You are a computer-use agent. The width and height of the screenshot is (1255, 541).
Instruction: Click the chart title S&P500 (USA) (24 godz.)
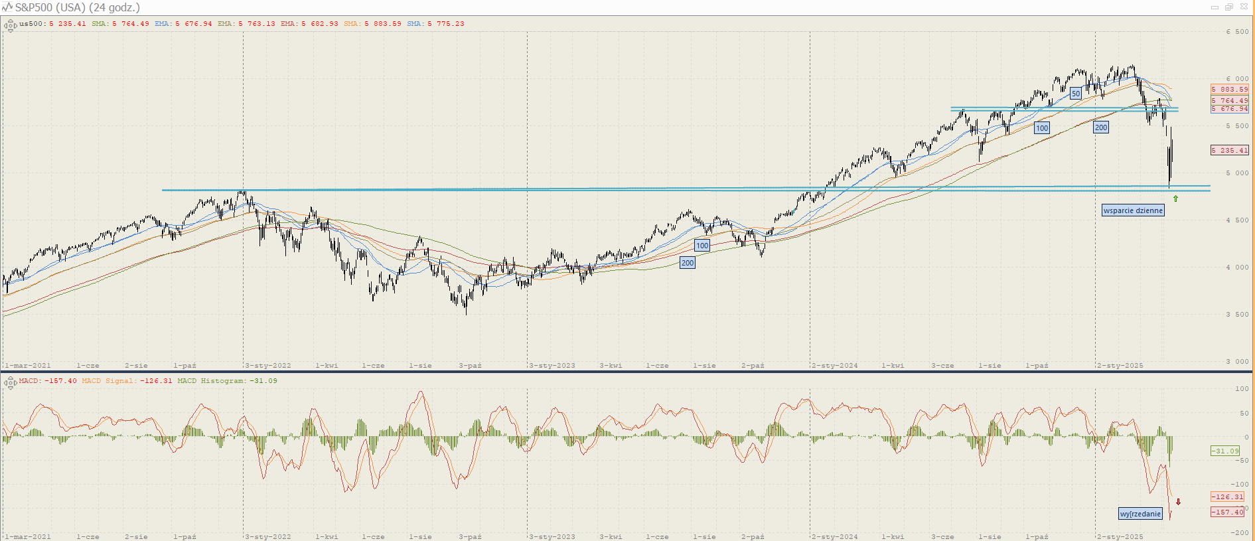coord(77,7)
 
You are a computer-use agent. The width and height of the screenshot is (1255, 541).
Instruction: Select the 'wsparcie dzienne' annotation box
coord(1133,210)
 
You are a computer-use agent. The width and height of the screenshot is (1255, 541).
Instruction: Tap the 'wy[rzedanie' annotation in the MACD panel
coord(1140,514)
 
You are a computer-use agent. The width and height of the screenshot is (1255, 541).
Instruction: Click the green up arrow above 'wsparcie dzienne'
coord(1175,198)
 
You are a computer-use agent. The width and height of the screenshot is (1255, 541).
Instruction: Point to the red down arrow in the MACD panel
coord(1178,502)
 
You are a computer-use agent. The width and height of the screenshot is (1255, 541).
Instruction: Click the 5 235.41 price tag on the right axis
coord(1229,151)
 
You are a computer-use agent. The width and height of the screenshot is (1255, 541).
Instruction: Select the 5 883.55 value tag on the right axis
coord(1229,90)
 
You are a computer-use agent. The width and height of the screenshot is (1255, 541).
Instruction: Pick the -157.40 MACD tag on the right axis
coord(1227,512)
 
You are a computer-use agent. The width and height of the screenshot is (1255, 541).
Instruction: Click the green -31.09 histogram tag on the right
coord(1224,451)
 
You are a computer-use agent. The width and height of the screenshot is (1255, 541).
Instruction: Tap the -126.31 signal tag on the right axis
coord(1227,497)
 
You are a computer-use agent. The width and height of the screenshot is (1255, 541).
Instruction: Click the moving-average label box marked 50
coord(1076,94)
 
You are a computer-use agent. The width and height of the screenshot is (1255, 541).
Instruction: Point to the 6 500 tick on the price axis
coord(1237,32)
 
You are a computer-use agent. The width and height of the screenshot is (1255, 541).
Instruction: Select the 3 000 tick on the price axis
coord(1237,362)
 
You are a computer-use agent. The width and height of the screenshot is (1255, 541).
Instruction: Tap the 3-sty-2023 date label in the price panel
coord(552,366)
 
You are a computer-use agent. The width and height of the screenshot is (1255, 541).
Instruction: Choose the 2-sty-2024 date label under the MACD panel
coord(835,537)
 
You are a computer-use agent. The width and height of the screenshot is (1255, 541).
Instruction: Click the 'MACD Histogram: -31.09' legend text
coord(227,381)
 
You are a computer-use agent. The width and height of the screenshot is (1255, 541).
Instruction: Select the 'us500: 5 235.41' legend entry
coord(52,24)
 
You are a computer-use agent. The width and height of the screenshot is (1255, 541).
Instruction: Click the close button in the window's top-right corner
coord(1243,7)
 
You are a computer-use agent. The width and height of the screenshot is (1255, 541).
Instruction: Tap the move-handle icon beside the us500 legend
coord(10,26)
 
